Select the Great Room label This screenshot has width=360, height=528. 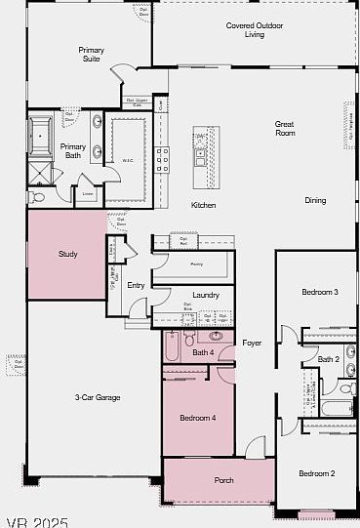tap(285, 129)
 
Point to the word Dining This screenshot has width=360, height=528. tap(315, 200)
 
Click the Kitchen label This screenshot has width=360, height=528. tap(203, 205)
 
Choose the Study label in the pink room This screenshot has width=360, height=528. tap(67, 255)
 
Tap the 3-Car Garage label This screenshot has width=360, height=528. tap(98, 397)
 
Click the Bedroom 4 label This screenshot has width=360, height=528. tap(197, 418)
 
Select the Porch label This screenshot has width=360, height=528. tap(223, 479)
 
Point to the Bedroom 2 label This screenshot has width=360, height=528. tap(316, 473)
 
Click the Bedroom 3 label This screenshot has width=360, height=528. tap(319, 292)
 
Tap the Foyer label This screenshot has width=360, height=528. tap(253, 343)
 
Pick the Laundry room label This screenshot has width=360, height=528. tap(206, 295)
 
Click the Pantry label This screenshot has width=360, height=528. tap(195, 264)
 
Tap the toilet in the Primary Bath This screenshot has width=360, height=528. tap(38, 196)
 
